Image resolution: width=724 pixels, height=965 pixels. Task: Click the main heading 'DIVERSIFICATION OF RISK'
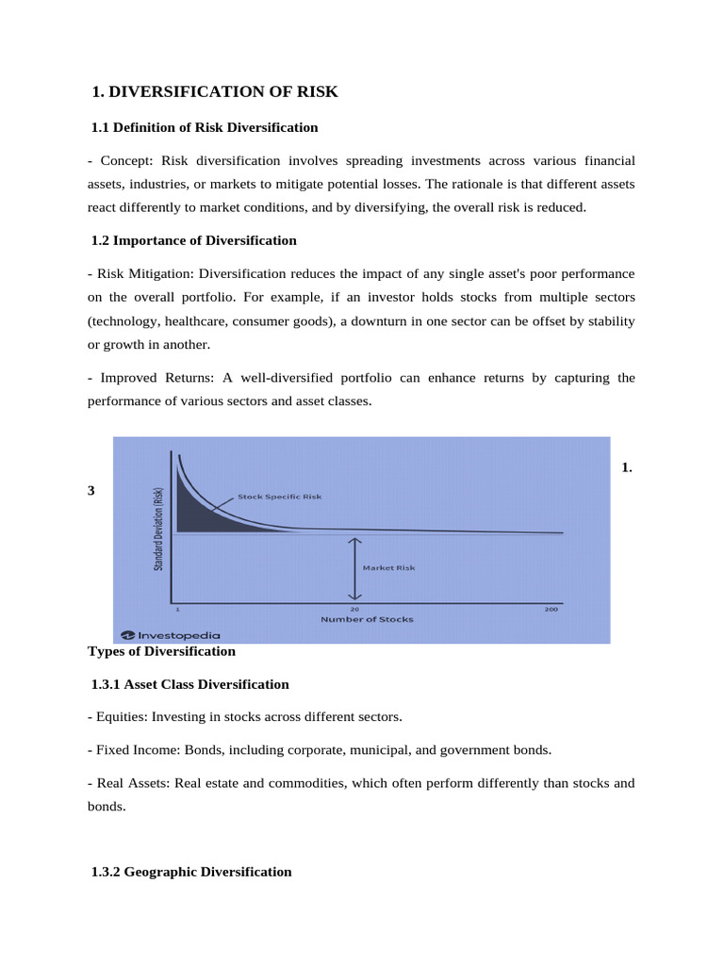tap(223, 91)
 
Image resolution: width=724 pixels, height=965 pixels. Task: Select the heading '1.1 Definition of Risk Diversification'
tap(205, 127)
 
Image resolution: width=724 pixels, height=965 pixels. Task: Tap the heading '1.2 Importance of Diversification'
tap(194, 240)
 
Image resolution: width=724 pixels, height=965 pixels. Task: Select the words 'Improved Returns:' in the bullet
tap(156, 377)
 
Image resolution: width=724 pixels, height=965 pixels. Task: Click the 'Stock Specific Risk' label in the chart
tap(279, 497)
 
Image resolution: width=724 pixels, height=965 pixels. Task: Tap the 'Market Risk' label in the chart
tap(388, 567)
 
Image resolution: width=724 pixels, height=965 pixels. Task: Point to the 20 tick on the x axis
tap(354, 609)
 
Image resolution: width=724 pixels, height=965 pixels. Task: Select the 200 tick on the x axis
tap(551, 609)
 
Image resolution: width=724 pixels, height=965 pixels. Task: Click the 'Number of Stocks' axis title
tap(367, 619)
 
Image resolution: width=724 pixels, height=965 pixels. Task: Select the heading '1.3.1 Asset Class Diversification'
tap(189, 684)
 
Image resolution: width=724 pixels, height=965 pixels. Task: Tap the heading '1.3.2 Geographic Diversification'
tap(191, 872)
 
